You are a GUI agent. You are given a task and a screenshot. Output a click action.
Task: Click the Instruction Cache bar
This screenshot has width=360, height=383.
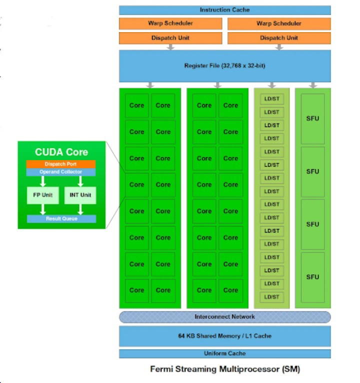(x=224, y=10)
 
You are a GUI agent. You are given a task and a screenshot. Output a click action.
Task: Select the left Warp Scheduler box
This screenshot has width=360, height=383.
(x=170, y=23)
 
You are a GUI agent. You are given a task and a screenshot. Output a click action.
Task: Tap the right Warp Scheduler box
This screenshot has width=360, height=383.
(x=279, y=23)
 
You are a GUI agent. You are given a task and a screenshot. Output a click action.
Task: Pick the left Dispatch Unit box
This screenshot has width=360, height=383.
(x=170, y=38)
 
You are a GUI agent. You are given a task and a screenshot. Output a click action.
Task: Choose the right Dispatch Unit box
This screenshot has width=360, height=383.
(x=279, y=38)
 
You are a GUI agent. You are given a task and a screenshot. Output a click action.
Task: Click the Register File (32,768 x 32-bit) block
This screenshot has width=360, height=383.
(x=224, y=66)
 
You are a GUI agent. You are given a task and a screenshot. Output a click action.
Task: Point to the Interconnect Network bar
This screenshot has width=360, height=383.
(x=224, y=317)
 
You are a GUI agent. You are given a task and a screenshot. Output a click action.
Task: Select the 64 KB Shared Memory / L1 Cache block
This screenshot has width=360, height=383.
(x=224, y=336)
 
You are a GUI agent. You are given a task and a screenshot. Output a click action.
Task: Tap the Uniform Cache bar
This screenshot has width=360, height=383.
(x=224, y=353)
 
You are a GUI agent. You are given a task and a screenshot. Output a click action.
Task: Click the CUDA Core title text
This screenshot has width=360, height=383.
(x=61, y=152)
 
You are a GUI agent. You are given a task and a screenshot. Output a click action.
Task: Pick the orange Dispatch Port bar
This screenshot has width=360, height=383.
(x=61, y=164)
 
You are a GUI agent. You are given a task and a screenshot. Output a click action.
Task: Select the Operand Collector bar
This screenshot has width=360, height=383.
(x=61, y=172)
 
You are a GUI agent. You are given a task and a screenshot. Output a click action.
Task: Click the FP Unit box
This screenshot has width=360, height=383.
(x=42, y=195)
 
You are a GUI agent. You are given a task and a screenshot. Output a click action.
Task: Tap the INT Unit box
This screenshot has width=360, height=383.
(x=79, y=195)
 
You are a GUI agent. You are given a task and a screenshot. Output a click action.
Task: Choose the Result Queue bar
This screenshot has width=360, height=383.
(x=61, y=219)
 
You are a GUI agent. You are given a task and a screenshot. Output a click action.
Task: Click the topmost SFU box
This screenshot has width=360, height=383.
(x=312, y=119)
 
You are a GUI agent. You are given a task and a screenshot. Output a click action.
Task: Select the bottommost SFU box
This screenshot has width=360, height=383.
(x=312, y=277)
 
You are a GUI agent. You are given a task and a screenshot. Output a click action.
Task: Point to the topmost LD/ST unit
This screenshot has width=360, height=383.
(x=272, y=99)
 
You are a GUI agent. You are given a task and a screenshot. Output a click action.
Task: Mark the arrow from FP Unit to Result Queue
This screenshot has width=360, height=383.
(x=42, y=209)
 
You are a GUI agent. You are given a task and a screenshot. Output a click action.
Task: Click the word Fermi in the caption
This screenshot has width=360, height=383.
(x=162, y=369)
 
